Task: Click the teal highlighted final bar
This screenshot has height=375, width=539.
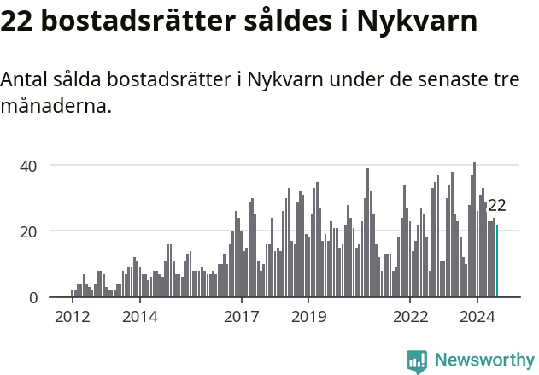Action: click(497, 261)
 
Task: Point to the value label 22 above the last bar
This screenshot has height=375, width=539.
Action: click(497, 205)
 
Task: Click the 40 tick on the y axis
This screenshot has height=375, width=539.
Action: click(29, 165)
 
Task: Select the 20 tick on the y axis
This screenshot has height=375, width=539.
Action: click(29, 231)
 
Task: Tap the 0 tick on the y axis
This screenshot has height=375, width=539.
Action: click(33, 297)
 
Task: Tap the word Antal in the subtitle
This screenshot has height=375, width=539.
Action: click(24, 80)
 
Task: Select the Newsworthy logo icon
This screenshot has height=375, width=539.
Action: click(417, 361)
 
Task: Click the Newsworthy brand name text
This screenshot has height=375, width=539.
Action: click(484, 361)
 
